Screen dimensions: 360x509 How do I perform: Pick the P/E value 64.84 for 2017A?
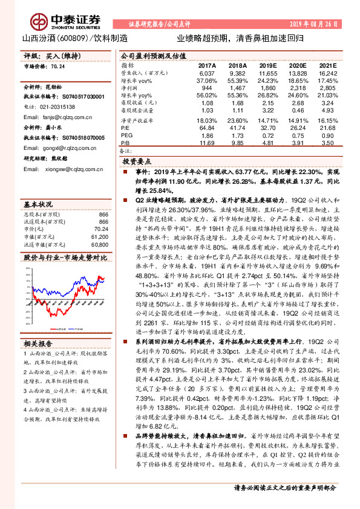pos(207,128)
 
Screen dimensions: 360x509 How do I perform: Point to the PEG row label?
pos(126,135)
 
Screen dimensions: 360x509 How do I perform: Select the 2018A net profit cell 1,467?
pos(237,87)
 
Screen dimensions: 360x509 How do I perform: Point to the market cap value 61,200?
pos(99,222)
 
